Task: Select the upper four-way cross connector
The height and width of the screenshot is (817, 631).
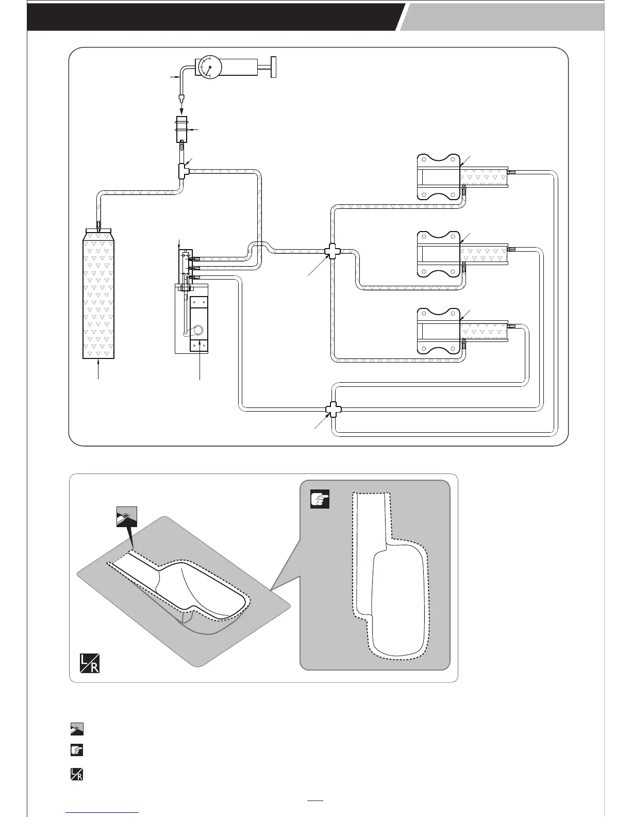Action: (x=330, y=251)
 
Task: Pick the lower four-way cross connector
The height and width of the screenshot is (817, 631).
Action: (x=330, y=410)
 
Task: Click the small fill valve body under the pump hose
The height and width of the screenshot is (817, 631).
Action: (x=182, y=129)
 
